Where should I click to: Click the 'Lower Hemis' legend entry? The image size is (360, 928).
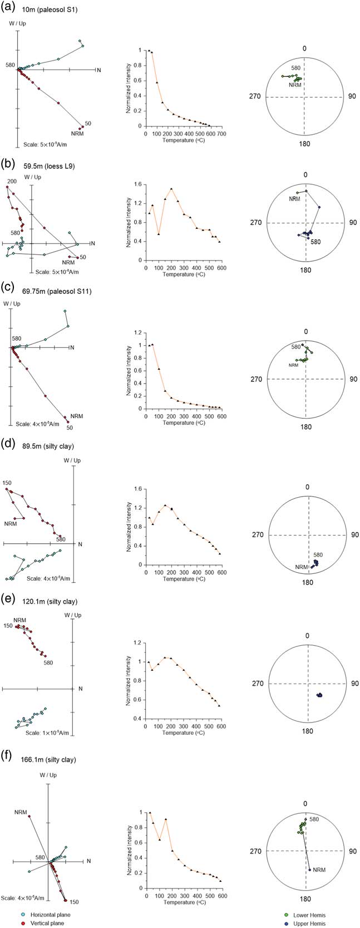(x=311, y=915)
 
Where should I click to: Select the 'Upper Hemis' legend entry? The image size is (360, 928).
(x=311, y=923)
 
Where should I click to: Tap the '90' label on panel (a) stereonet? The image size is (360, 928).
(x=352, y=96)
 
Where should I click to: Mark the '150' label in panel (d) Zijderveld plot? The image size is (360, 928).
(x=7, y=483)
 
